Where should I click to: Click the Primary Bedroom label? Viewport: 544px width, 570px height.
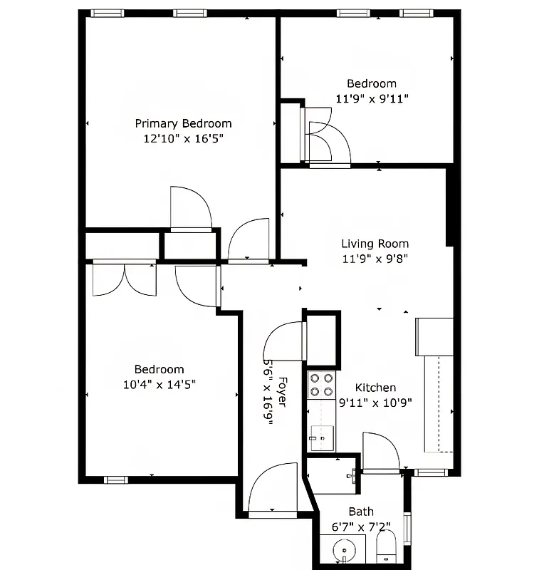[183, 123]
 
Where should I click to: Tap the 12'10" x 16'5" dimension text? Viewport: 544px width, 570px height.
[183, 139]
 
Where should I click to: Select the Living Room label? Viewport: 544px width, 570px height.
[375, 244]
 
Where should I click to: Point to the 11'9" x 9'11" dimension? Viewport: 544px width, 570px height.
[372, 98]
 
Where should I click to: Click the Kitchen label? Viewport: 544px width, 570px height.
[375, 388]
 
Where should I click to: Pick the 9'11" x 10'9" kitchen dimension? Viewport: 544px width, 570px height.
[375, 403]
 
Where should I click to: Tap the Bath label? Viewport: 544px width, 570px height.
[361, 512]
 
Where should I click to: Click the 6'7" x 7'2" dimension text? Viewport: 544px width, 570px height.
[361, 527]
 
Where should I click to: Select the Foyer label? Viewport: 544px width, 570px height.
[282, 391]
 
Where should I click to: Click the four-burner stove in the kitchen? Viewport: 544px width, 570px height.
[321, 385]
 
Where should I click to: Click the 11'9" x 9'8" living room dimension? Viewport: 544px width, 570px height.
[375, 259]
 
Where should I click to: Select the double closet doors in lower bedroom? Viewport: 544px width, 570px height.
[124, 279]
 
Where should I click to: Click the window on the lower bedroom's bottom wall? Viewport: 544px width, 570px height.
[115, 480]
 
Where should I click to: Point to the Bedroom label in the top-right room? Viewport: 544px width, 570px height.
[372, 83]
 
